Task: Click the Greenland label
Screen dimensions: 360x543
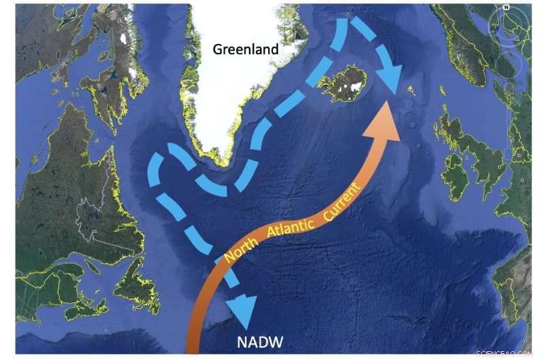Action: (x=246, y=50)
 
